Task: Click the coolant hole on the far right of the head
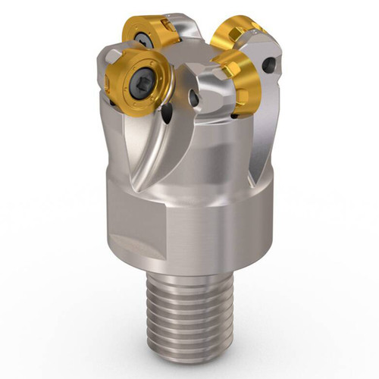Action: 270,65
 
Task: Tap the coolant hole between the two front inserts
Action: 196,99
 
